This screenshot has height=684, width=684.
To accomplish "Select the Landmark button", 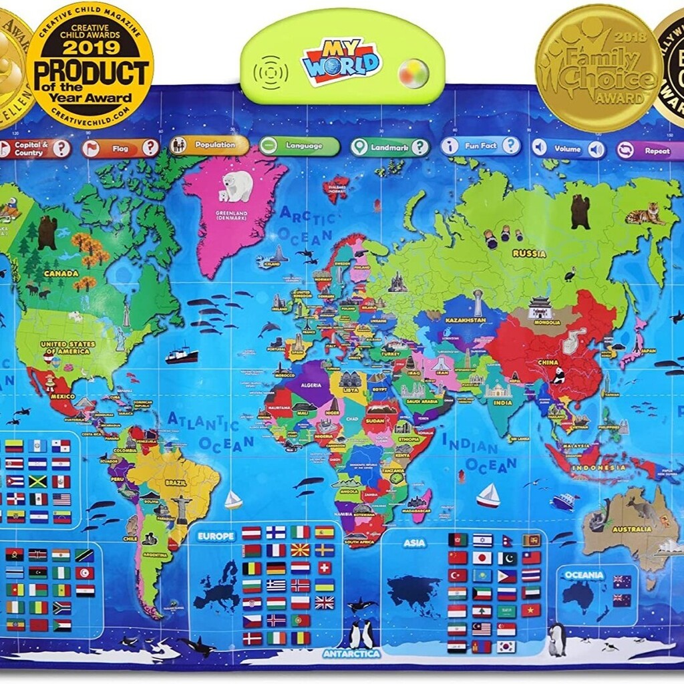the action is click(390, 146).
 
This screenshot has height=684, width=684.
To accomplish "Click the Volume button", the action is click(568, 148).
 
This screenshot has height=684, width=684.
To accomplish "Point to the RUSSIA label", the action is click(529, 254).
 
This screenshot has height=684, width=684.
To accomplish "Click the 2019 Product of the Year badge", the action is click(90, 65).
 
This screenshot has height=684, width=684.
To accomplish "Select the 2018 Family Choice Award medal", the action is click(598, 67).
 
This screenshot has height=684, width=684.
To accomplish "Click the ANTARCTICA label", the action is click(352, 653).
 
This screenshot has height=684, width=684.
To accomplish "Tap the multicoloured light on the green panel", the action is click(413, 73).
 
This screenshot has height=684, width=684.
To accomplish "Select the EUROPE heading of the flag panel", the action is click(216, 536).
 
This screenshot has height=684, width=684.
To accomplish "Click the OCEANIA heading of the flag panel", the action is click(583, 574).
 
